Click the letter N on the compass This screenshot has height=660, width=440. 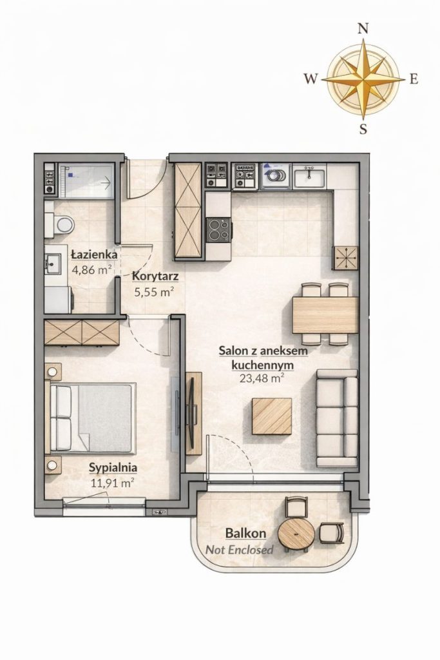[x=363, y=28]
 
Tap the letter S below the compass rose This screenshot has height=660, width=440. [x=363, y=129]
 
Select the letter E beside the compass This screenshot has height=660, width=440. [x=414, y=79]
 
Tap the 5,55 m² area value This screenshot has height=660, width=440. [x=154, y=292]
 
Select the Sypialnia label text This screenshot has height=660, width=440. [x=113, y=467]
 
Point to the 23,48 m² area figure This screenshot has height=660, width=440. [x=261, y=378]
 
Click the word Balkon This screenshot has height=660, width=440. [x=245, y=533]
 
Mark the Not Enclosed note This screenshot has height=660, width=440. [x=240, y=549]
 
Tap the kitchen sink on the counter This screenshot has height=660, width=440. [x=310, y=177]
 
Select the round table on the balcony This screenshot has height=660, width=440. [x=296, y=533]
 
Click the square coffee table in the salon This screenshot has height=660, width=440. [x=272, y=416]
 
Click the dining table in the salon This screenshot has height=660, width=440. [x=325, y=315]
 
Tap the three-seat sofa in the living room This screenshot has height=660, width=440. [x=337, y=418]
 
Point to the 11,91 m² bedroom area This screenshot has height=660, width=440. [x=113, y=482]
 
